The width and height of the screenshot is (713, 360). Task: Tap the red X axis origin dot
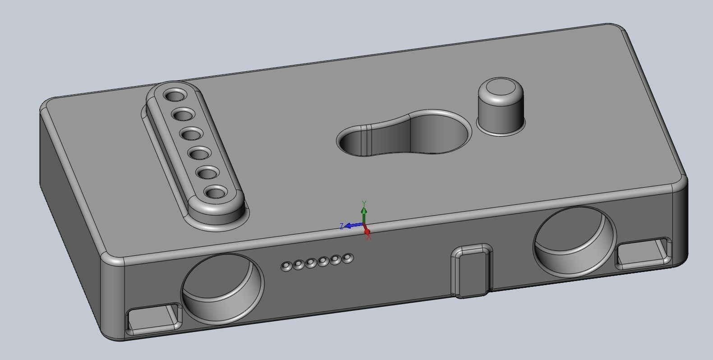367,232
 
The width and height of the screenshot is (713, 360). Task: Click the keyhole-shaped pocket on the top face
406,133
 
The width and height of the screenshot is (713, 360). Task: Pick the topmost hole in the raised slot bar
175,96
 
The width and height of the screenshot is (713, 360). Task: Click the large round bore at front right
574,241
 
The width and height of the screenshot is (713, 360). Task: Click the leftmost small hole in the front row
286,267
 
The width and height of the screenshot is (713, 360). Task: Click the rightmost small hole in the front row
347,258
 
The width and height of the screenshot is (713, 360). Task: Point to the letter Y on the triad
364,203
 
